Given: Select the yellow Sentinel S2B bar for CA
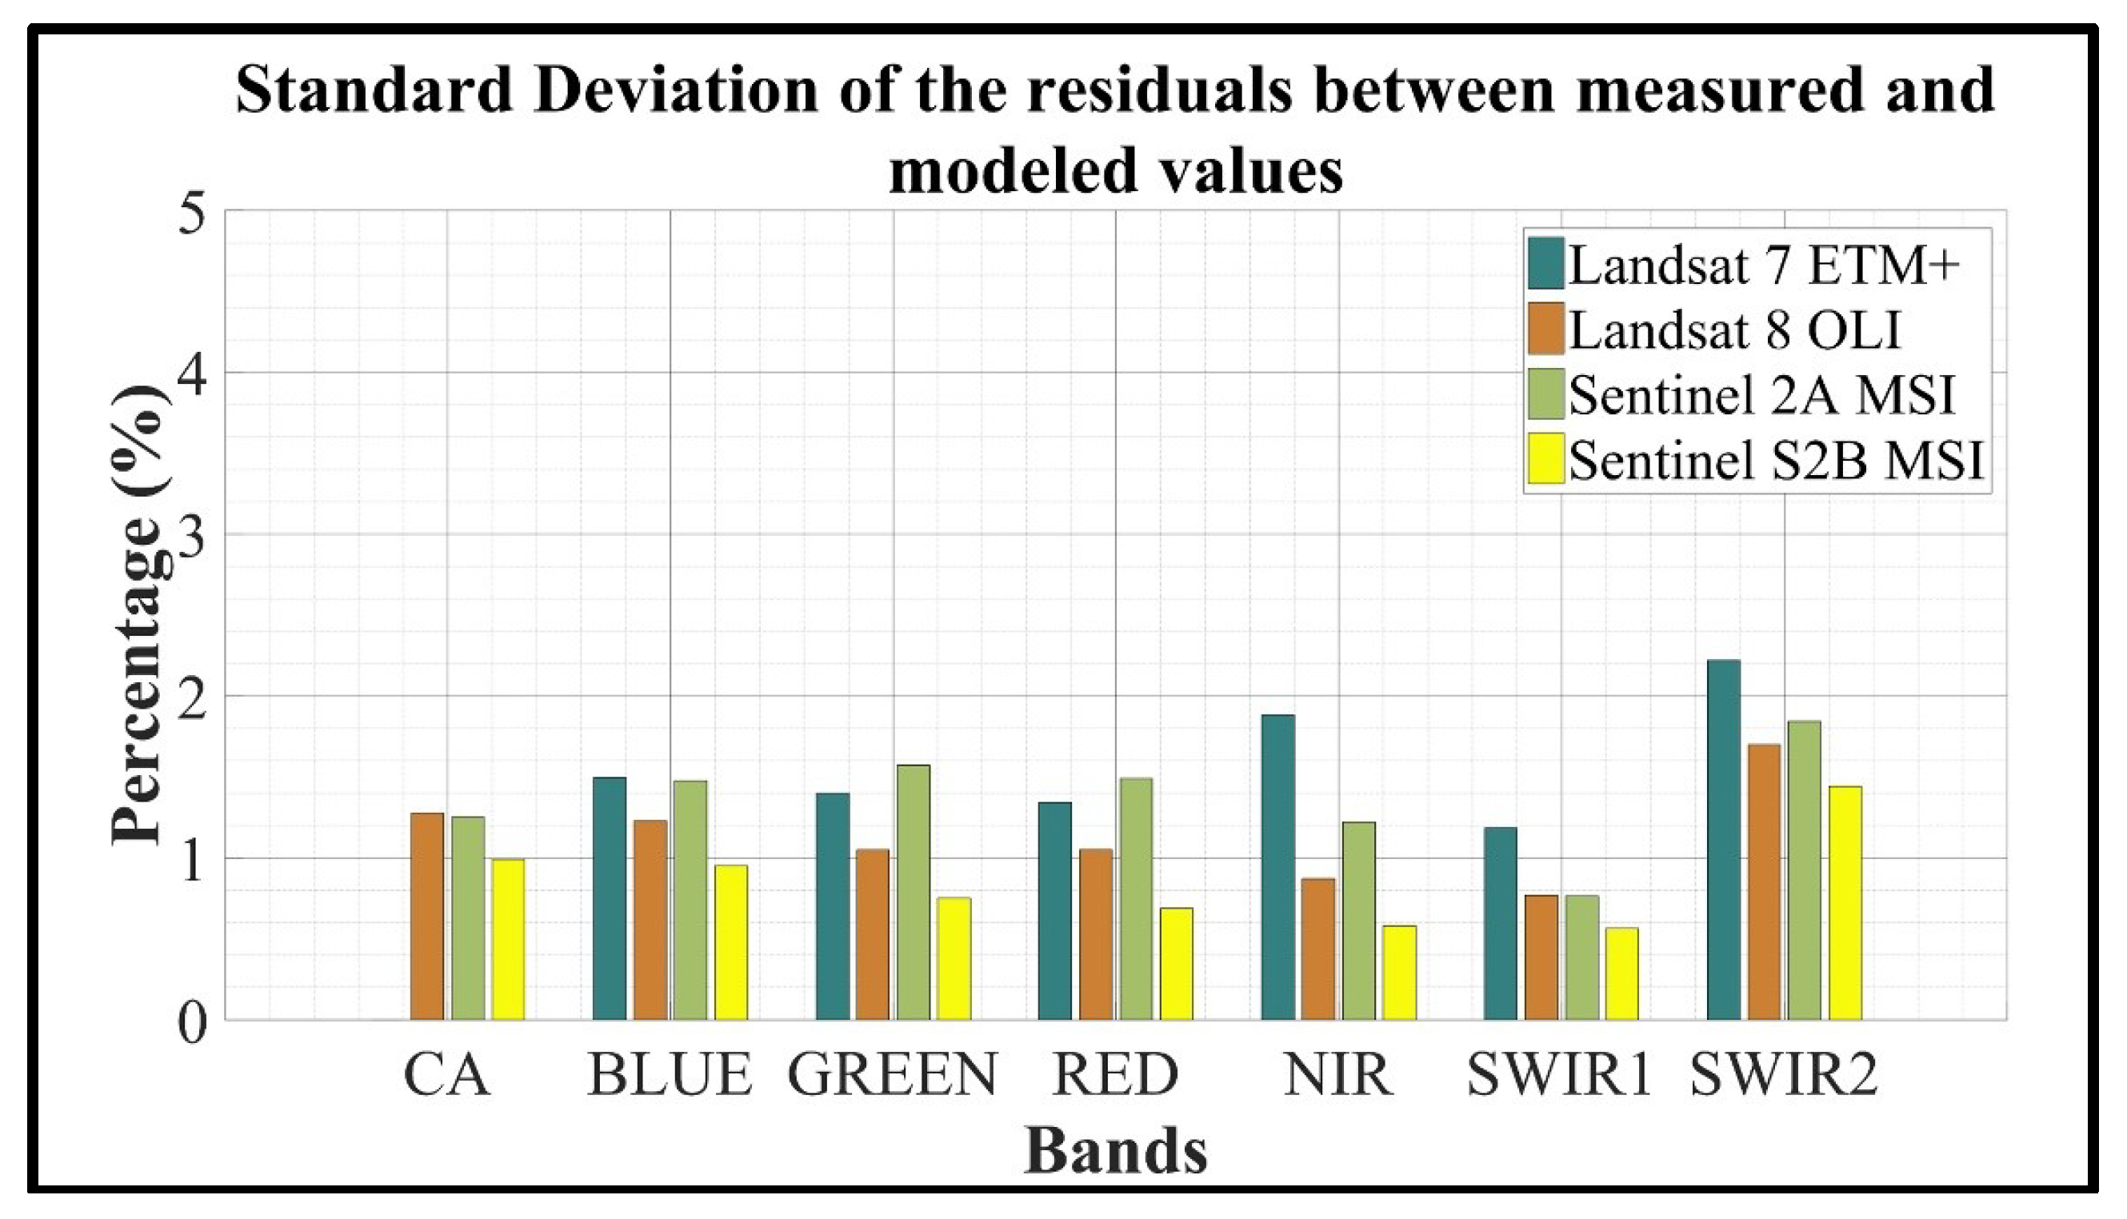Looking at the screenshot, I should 508,939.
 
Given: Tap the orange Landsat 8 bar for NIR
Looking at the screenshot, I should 1318,949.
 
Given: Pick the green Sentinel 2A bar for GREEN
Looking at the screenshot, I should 914,893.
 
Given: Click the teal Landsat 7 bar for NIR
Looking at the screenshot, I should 1278,867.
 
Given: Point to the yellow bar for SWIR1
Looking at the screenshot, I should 1621,973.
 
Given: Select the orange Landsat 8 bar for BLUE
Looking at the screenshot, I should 650,920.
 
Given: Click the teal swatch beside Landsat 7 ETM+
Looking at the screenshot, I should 1545,263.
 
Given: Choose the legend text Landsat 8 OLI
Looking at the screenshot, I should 1735,330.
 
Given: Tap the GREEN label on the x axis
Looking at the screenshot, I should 893,1075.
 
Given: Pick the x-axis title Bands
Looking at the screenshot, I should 1116,1153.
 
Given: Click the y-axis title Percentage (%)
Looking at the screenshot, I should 138,615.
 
